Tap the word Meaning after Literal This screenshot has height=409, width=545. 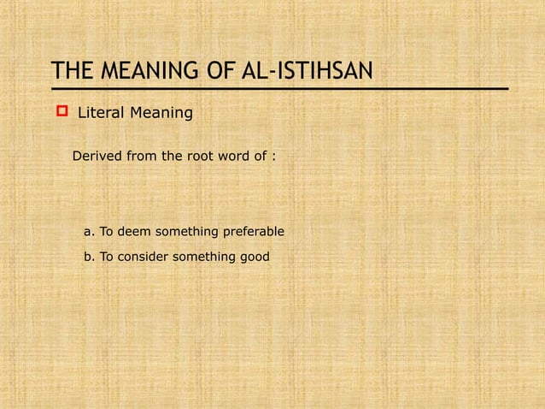(162, 112)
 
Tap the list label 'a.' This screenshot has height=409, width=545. (89, 232)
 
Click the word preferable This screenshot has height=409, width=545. (253, 232)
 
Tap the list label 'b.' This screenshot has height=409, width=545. (89, 257)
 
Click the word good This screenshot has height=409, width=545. (254, 257)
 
